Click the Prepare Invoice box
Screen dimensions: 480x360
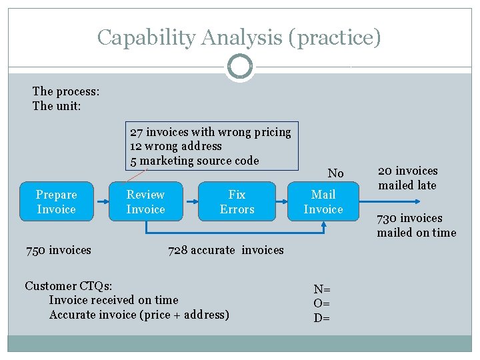pyautogui.click(x=56, y=202)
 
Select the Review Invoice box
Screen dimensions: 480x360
pyautogui.click(x=145, y=202)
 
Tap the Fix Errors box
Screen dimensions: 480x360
pyautogui.click(x=237, y=202)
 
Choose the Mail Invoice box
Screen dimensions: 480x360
pyautogui.click(x=323, y=202)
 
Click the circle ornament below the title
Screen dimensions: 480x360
pyautogui.click(x=240, y=67)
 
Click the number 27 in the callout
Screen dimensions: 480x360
pyautogui.click(x=136, y=132)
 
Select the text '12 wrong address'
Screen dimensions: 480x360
pyautogui.click(x=176, y=146)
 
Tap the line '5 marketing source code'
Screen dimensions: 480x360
pyautogui.click(x=194, y=161)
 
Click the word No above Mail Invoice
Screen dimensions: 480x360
pyautogui.click(x=335, y=173)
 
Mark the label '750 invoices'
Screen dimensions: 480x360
pyautogui.click(x=58, y=250)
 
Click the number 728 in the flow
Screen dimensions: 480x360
pyautogui.click(x=177, y=250)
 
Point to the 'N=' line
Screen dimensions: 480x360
pyautogui.click(x=322, y=289)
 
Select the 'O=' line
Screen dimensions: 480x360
pyautogui.click(x=322, y=303)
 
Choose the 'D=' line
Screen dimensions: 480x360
pyautogui.click(x=322, y=317)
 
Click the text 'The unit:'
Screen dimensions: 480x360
pyautogui.click(x=57, y=106)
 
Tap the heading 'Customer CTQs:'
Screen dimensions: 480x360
pyautogui.click(x=68, y=286)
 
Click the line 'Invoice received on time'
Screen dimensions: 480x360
pyautogui.click(x=113, y=300)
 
